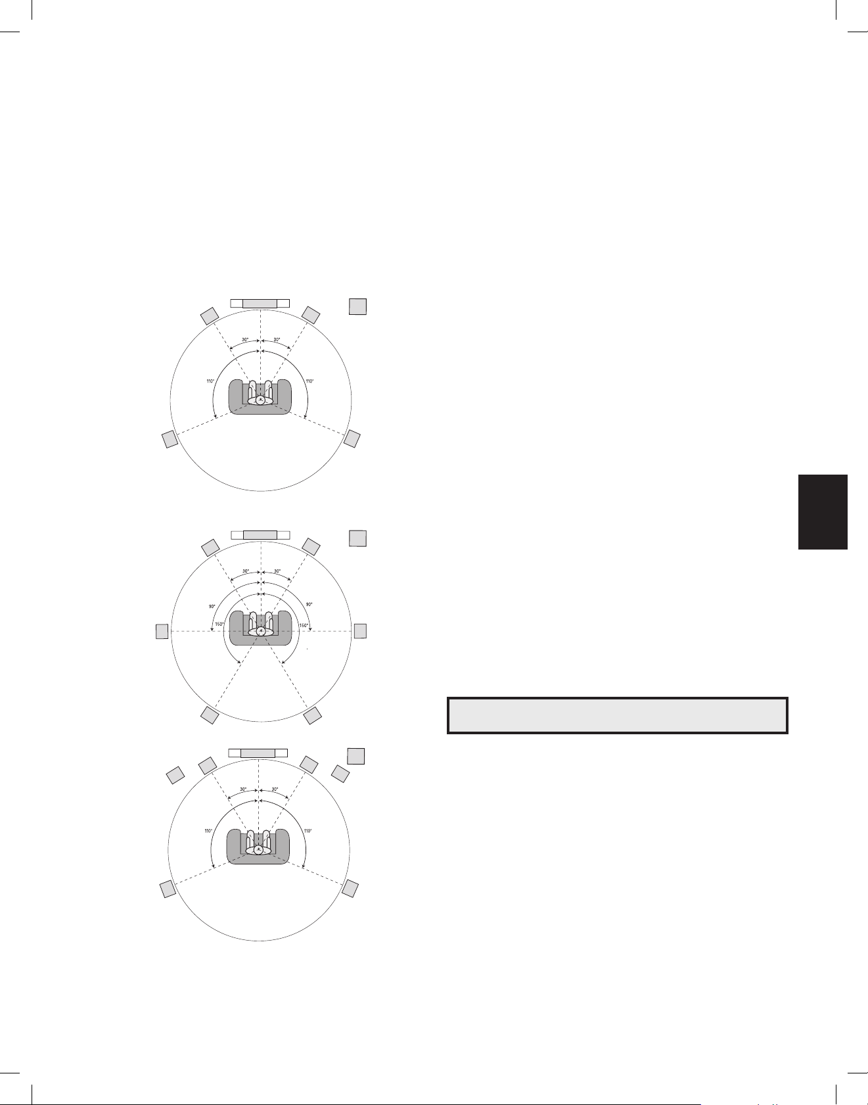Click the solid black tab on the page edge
point(823,511)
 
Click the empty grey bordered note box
point(617,715)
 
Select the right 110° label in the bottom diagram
point(308,831)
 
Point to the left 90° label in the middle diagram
point(212,606)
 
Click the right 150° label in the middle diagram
point(304,625)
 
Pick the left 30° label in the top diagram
point(244,340)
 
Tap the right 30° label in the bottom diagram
point(275,789)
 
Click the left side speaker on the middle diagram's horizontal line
point(162,631)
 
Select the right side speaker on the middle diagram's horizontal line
point(360,631)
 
